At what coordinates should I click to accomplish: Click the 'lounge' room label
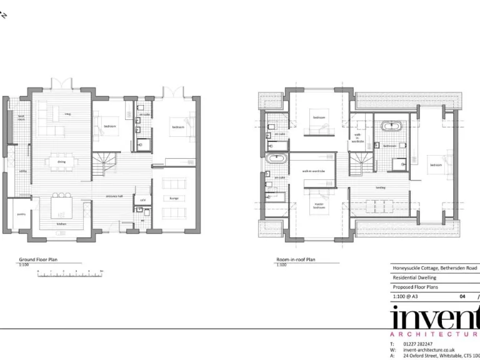[x=174, y=198]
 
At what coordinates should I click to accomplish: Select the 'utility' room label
[x=22, y=171]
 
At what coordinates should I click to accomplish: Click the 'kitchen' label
[x=61, y=223]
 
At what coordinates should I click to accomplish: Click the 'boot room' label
[x=21, y=117]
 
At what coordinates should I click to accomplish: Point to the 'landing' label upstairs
[x=380, y=187]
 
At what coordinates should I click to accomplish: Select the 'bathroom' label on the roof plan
[x=389, y=146]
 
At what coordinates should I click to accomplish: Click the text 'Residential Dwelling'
[x=414, y=277]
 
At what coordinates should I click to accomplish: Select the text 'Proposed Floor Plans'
[x=416, y=287]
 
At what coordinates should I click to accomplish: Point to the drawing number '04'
[x=462, y=297]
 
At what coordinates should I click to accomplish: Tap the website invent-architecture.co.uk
[x=429, y=349]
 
